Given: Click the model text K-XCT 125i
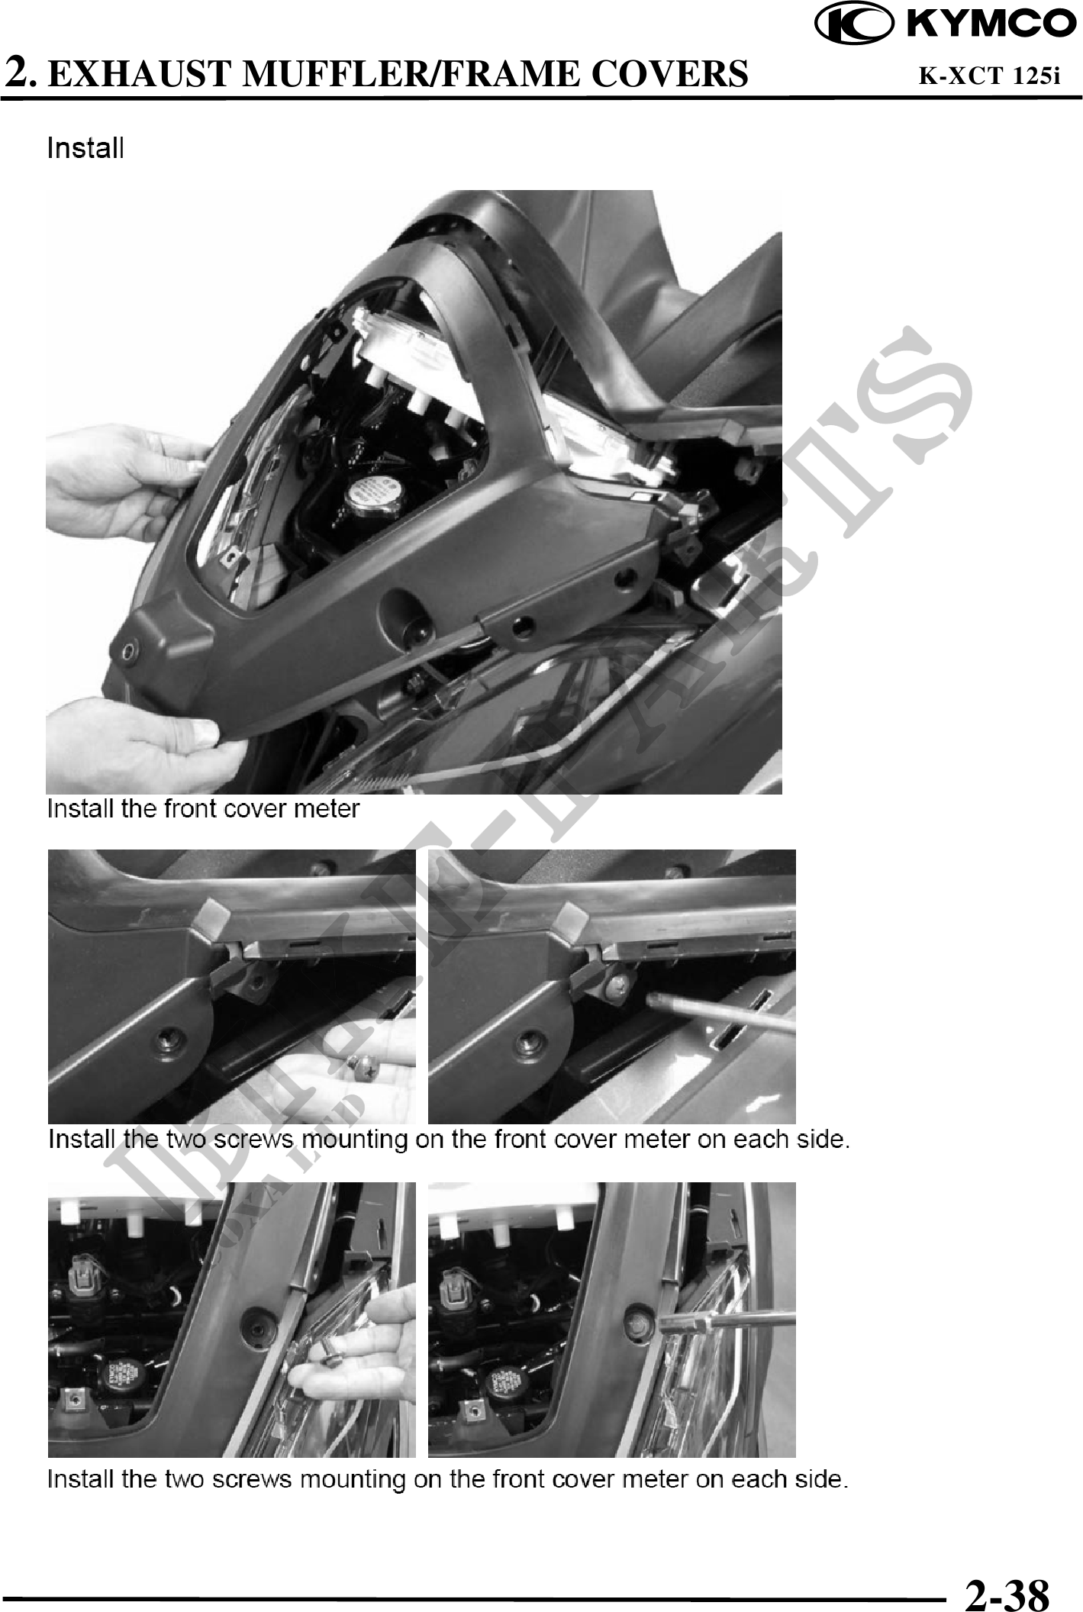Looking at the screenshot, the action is click(989, 76).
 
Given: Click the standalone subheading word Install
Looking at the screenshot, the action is click(85, 148).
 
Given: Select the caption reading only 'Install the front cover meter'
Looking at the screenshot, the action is click(203, 808).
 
